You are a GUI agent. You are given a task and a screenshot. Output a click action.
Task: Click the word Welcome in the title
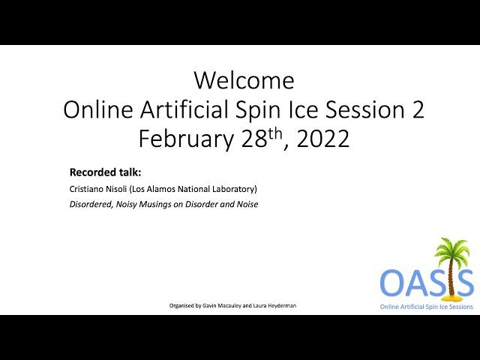pos(244,80)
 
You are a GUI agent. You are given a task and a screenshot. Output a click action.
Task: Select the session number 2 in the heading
pos(418,110)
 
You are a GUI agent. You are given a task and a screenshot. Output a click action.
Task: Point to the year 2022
pos(323,139)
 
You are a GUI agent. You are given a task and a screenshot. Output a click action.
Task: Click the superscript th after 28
pos(274,134)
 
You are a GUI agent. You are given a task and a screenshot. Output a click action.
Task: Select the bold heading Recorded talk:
pos(105,172)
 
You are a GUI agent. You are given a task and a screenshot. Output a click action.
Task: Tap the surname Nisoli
pos(116,189)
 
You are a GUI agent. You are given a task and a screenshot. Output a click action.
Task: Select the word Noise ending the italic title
pos(247,204)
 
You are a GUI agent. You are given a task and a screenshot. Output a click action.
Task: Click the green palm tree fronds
pos(452,250)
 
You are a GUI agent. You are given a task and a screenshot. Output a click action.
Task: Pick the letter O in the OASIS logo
pos(391,282)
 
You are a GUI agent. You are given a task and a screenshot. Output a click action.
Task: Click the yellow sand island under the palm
pos(450,297)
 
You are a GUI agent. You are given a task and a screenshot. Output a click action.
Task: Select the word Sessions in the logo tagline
pos(460,307)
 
